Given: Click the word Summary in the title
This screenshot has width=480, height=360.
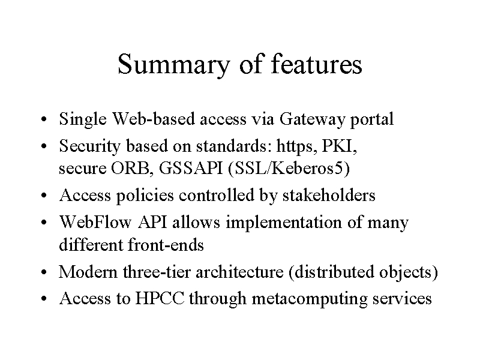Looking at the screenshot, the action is pyautogui.click(x=173, y=65).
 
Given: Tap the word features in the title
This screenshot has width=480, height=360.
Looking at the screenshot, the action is pyautogui.click(x=317, y=64).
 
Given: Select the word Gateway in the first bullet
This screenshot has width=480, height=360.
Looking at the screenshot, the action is pyautogui.click(x=312, y=119).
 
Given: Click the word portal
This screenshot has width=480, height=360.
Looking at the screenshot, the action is pyautogui.click(x=371, y=119).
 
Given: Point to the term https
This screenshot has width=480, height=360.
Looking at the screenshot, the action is pyautogui.click(x=296, y=146).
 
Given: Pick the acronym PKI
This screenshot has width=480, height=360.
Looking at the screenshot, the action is pyautogui.click(x=338, y=146).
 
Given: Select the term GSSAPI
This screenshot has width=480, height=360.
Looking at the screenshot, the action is pyautogui.click(x=190, y=168).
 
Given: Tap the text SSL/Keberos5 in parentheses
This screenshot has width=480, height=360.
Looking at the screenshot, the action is pyautogui.click(x=289, y=169).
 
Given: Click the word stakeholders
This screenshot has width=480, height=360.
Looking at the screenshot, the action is pyautogui.click(x=329, y=195).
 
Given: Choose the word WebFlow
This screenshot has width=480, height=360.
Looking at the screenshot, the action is pyautogui.click(x=95, y=221).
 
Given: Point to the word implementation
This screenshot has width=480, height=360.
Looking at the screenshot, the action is pyautogui.click(x=284, y=222).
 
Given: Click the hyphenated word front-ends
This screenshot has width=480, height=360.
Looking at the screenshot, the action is pyautogui.click(x=166, y=245).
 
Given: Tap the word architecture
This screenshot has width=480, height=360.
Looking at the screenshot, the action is pyautogui.click(x=239, y=272).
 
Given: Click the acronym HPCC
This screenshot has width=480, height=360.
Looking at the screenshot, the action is pyautogui.click(x=160, y=298).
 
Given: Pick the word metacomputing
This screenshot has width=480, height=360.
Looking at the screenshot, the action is pyautogui.click(x=310, y=299).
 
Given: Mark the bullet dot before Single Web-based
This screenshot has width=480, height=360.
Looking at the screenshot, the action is pyautogui.click(x=44, y=119).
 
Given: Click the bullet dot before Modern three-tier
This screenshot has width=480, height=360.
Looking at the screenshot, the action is pyautogui.click(x=44, y=272).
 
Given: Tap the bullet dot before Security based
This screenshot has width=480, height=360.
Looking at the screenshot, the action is pyautogui.click(x=44, y=146).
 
